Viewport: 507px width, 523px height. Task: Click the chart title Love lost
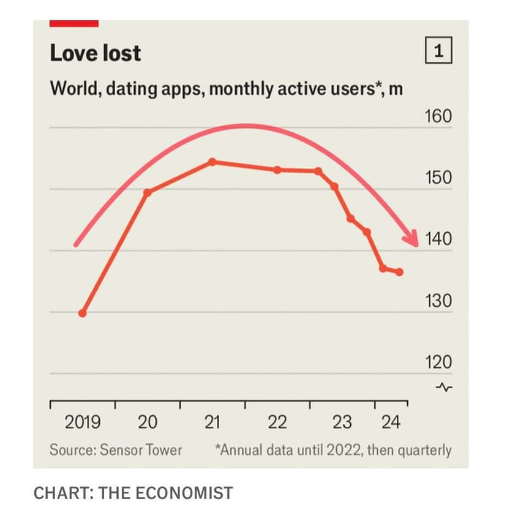(x=95, y=53)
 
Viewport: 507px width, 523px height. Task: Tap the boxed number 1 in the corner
(x=438, y=52)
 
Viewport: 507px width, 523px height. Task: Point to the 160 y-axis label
(x=438, y=116)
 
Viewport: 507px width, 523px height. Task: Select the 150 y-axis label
(x=438, y=178)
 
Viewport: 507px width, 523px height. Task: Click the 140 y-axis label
(x=438, y=239)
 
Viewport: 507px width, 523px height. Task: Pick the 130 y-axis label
(x=438, y=301)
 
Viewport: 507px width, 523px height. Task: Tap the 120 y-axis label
(x=438, y=362)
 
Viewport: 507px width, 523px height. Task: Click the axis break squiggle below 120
(x=445, y=387)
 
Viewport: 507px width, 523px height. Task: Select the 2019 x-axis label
(x=83, y=422)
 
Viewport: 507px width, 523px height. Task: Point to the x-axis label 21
(x=212, y=422)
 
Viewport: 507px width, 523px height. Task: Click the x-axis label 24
(x=391, y=422)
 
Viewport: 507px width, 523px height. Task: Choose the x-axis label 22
(x=277, y=422)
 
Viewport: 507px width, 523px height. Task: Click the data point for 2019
(x=83, y=313)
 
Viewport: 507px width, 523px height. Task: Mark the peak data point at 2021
(x=212, y=162)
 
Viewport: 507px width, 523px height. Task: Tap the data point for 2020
(x=147, y=192)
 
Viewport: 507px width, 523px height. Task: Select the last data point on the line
(x=399, y=272)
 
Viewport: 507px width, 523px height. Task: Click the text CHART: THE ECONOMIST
(x=133, y=493)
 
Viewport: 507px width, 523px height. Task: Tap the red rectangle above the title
(x=73, y=23)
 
